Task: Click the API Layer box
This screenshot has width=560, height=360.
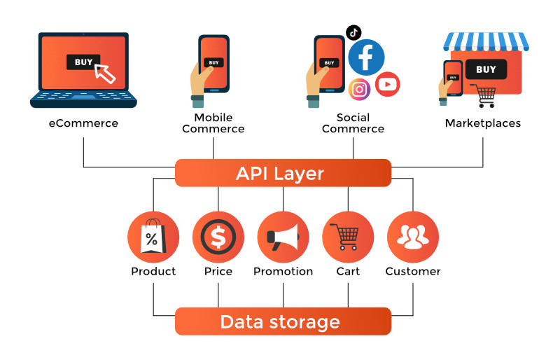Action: coord(283,173)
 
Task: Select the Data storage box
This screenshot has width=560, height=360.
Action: coord(283,321)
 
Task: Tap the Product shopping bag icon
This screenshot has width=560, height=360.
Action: coord(153,237)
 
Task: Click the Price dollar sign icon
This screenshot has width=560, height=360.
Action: coord(218,237)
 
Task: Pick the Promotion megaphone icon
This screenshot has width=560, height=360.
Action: coord(283,237)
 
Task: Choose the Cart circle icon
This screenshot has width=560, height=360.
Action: coord(348,237)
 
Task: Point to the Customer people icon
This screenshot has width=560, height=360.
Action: coord(413,237)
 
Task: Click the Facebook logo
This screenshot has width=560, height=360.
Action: coord(366,57)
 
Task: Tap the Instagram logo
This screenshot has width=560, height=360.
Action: coord(359,89)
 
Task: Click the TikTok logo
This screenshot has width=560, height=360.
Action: coord(354,32)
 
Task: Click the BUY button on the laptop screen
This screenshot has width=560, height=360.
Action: coord(83,62)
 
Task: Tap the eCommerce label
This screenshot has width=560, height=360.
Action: coord(83,123)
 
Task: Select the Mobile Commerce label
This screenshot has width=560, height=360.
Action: coord(213,123)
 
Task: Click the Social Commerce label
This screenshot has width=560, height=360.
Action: coord(353,123)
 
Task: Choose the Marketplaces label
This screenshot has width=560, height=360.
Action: coord(483,123)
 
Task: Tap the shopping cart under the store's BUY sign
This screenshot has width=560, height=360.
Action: coord(482,95)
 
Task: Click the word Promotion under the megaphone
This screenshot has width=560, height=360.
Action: coord(283,271)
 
